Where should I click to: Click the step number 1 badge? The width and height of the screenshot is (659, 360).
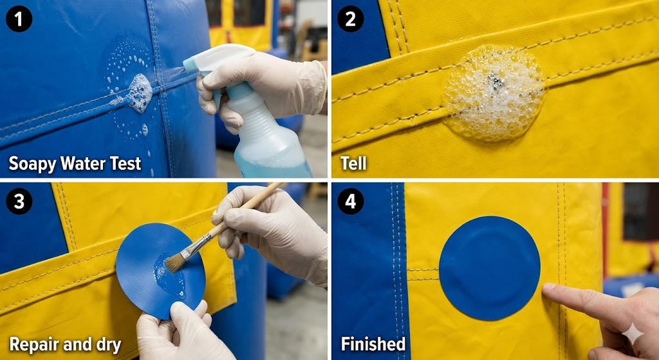pos(19,19)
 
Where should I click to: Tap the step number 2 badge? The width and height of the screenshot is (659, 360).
pos(350,19)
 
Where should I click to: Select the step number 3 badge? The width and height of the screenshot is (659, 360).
pos(19,202)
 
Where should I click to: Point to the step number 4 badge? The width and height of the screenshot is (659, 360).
pos(350,202)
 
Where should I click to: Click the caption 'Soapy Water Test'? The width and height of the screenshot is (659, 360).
pos(75,164)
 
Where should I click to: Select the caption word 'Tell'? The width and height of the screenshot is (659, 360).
pos(353,164)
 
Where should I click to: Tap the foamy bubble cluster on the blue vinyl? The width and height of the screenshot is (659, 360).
pos(138,93)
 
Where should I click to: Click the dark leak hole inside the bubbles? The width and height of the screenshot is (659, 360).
pos(494,81)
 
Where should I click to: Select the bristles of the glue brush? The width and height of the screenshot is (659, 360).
pos(175,261)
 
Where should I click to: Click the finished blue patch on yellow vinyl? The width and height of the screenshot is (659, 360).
pos(489,268)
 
